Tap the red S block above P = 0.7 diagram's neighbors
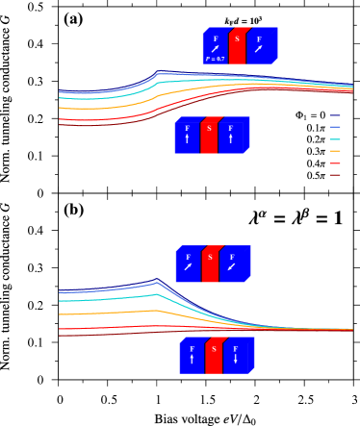click(237, 45)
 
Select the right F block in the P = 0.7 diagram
click(261, 45)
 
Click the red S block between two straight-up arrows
click(209, 135)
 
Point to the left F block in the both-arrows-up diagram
click(187, 135)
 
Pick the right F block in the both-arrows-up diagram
click(233, 135)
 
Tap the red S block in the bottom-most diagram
click(214, 355)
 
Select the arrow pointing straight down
click(236, 360)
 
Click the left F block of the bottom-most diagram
click(192, 355)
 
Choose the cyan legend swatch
click(335, 139)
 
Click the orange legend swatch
click(335, 151)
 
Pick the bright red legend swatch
click(335, 163)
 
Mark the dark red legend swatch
click(335, 175)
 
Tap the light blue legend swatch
click(335, 127)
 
